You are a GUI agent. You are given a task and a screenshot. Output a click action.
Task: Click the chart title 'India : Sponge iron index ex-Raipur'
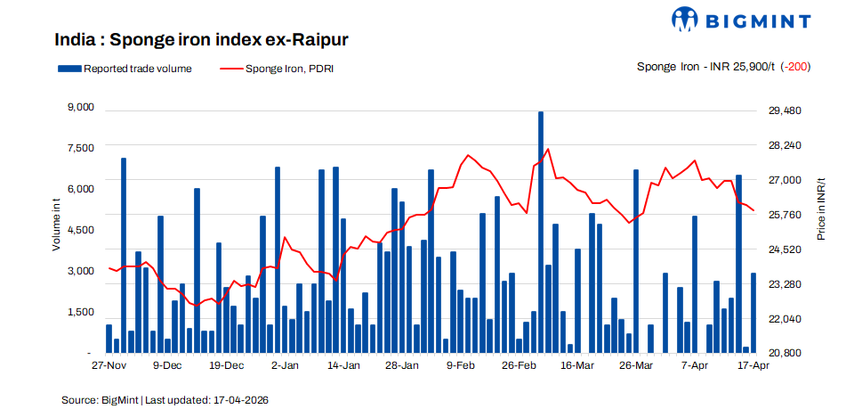[201, 40]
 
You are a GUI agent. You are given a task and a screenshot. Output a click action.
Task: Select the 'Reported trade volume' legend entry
[125, 68]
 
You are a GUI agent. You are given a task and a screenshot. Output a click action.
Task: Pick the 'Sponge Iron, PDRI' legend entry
[276, 68]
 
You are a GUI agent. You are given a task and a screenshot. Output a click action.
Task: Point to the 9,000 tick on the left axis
[80, 108]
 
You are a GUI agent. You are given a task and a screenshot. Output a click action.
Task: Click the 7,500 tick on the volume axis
[80, 148]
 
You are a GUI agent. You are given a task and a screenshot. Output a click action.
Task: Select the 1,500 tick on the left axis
[80, 312]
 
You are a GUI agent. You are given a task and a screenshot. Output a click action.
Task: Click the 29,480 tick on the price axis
[785, 110]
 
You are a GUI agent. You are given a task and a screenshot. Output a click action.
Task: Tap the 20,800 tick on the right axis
[785, 353]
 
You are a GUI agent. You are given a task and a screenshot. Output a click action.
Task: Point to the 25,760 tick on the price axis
[785, 215]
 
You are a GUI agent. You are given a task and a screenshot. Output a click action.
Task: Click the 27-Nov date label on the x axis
[109, 366]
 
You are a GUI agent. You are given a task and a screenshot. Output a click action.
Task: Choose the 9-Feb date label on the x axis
[461, 366]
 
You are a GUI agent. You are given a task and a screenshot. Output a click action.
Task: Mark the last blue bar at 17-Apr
[753, 313]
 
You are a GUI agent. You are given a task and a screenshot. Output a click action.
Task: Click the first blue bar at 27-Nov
[109, 339]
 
